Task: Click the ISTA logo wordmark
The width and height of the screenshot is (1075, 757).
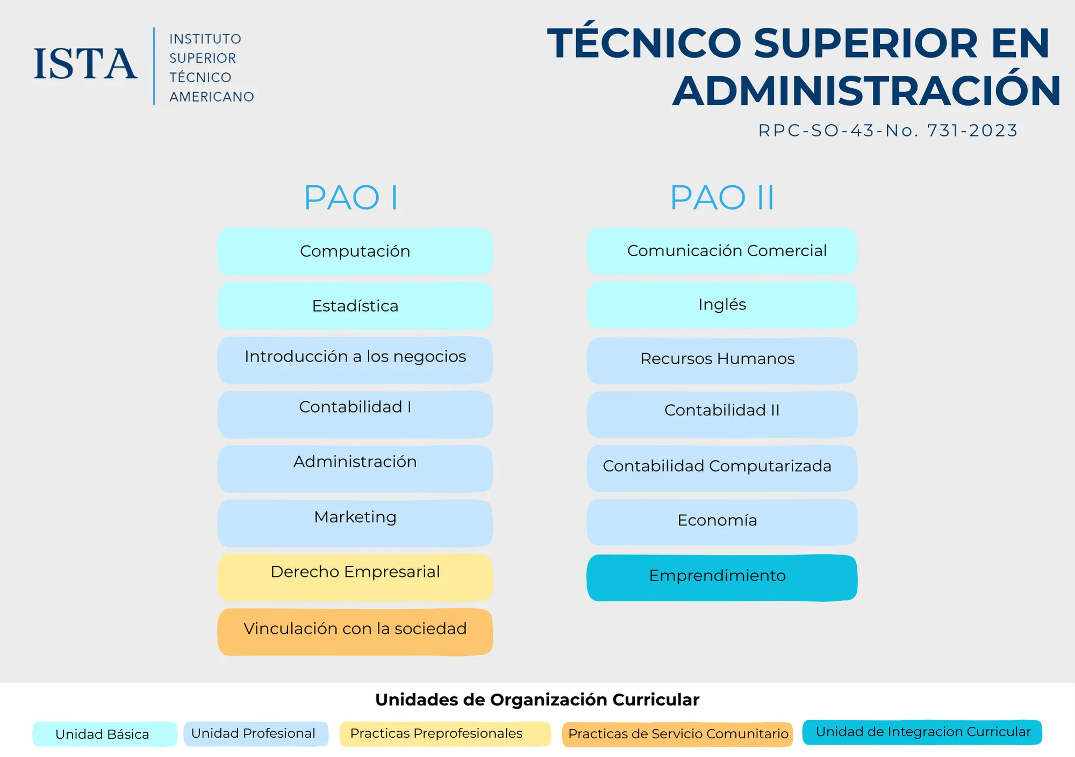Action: pyautogui.click(x=85, y=64)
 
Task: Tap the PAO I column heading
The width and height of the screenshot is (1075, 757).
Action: pyautogui.click(x=351, y=198)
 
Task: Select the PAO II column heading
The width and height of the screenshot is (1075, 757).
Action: pyautogui.click(x=722, y=198)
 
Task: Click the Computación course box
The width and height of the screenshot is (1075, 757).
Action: pyautogui.click(x=355, y=251)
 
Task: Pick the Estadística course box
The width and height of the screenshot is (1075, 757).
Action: pyautogui.click(x=355, y=306)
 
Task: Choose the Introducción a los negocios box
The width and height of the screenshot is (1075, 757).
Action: pyautogui.click(x=355, y=360)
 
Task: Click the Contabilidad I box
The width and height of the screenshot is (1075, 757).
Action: pyautogui.click(x=355, y=414)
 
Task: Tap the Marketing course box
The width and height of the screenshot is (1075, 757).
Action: pyautogui.click(x=355, y=523)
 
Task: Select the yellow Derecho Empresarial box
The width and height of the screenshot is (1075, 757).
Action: pyautogui.click(x=355, y=578)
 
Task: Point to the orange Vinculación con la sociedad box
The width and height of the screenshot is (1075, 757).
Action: pyautogui.click(x=355, y=632)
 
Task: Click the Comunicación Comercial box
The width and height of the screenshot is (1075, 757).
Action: pyautogui.click(x=722, y=251)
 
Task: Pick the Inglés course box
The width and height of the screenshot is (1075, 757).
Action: pyautogui.click(x=722, y=305)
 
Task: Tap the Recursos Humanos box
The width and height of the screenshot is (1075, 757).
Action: pyautogui.click(x=722, y=361)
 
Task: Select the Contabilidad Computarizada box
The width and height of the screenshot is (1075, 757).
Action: pyautogui.click(x=722, y=468)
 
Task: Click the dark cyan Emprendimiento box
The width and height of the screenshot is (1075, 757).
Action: pyautogui.click(x=722, y=578)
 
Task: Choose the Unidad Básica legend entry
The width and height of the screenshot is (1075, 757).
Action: pyautogui.click(x=105, y=734)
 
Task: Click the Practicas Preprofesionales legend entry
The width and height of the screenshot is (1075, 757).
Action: pyautogui.click(x=445, y=734)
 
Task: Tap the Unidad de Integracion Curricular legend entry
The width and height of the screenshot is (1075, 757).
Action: pyautogui.click(x=922, y=732)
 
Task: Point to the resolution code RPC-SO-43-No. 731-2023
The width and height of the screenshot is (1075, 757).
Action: pyautogui.click(x=888, y=131)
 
